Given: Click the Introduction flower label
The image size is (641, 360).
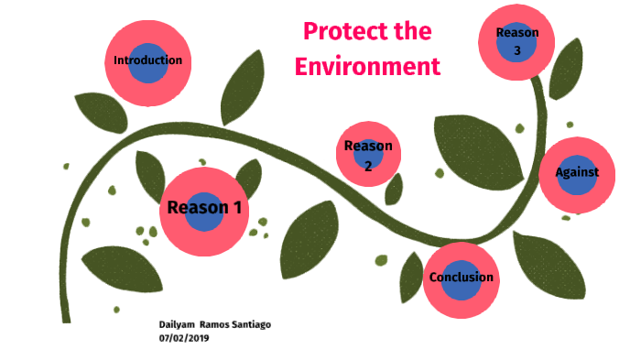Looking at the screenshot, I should (147, 60).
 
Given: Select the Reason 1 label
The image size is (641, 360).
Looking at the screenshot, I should (204, 207).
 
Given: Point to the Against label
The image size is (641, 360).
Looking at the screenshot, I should (577, 172).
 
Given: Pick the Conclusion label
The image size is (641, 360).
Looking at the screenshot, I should (461, 277).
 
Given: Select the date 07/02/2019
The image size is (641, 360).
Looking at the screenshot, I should (185, 338).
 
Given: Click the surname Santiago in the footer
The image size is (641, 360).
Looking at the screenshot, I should (249, 325).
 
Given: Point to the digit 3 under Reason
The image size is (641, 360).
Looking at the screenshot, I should (517, 50).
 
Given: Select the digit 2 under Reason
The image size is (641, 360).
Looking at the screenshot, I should (368, 166).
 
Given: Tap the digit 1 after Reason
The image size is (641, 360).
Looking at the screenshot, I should (236, 207).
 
